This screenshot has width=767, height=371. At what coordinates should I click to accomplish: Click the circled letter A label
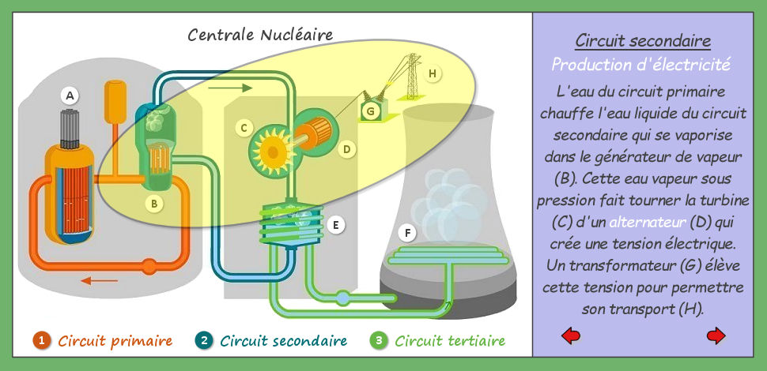click(x=70, y=96)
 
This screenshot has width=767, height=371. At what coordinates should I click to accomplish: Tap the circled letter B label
click(x=154, y=204)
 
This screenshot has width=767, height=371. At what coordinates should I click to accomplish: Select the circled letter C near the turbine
click(x=244, y=129)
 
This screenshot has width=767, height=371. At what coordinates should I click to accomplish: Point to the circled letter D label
click(x=347, y=149)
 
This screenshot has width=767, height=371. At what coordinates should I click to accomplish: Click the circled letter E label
click(x=335, y=225)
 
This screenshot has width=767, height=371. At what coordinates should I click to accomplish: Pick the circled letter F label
click(x=407, y=234)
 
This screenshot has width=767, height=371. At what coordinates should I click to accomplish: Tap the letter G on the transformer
click(x=370, y=112)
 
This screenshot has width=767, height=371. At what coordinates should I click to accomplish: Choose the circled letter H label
click(x=432, y=73)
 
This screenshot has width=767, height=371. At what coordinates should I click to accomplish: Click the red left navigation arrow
click(x=571, y=335)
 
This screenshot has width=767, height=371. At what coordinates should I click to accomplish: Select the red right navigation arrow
click(x=716, y=335)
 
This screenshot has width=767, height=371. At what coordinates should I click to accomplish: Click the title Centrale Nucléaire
click(x=260, y=35)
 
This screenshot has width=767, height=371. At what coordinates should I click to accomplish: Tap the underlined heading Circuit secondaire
click(x=643, y=41)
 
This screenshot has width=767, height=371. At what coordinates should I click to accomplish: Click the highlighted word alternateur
click(x=648, y=223)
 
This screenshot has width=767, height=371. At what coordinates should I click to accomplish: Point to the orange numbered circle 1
click(x=42, y=340)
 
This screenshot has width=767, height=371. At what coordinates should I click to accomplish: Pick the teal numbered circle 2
click(x=203, y=340)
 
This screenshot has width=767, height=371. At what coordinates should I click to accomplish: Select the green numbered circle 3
click(x=379, y=340)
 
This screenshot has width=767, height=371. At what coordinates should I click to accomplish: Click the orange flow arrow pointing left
click(x=100, y=281)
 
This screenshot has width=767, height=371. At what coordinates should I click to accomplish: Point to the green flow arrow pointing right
click(x=230, y=88)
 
